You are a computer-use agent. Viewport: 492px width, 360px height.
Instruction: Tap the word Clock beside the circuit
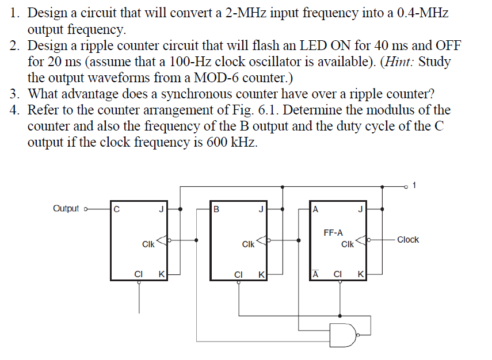[407, 239]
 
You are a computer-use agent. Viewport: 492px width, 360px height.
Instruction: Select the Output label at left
[66, 208]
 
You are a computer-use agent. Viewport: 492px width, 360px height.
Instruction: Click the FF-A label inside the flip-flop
[334, 233]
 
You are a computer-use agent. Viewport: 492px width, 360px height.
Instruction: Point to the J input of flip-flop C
[161, 209]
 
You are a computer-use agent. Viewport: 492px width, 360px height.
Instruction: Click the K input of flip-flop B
[261, 274]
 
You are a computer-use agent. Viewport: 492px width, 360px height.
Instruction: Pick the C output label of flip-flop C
[117, 209]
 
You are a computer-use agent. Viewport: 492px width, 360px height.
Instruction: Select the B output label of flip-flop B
[216, 209]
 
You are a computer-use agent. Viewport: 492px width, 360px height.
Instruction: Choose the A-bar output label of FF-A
[315, 274]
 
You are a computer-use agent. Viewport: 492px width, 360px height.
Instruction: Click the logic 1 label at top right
[415, 186]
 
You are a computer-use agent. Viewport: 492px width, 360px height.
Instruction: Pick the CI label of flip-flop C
[138, 274]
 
